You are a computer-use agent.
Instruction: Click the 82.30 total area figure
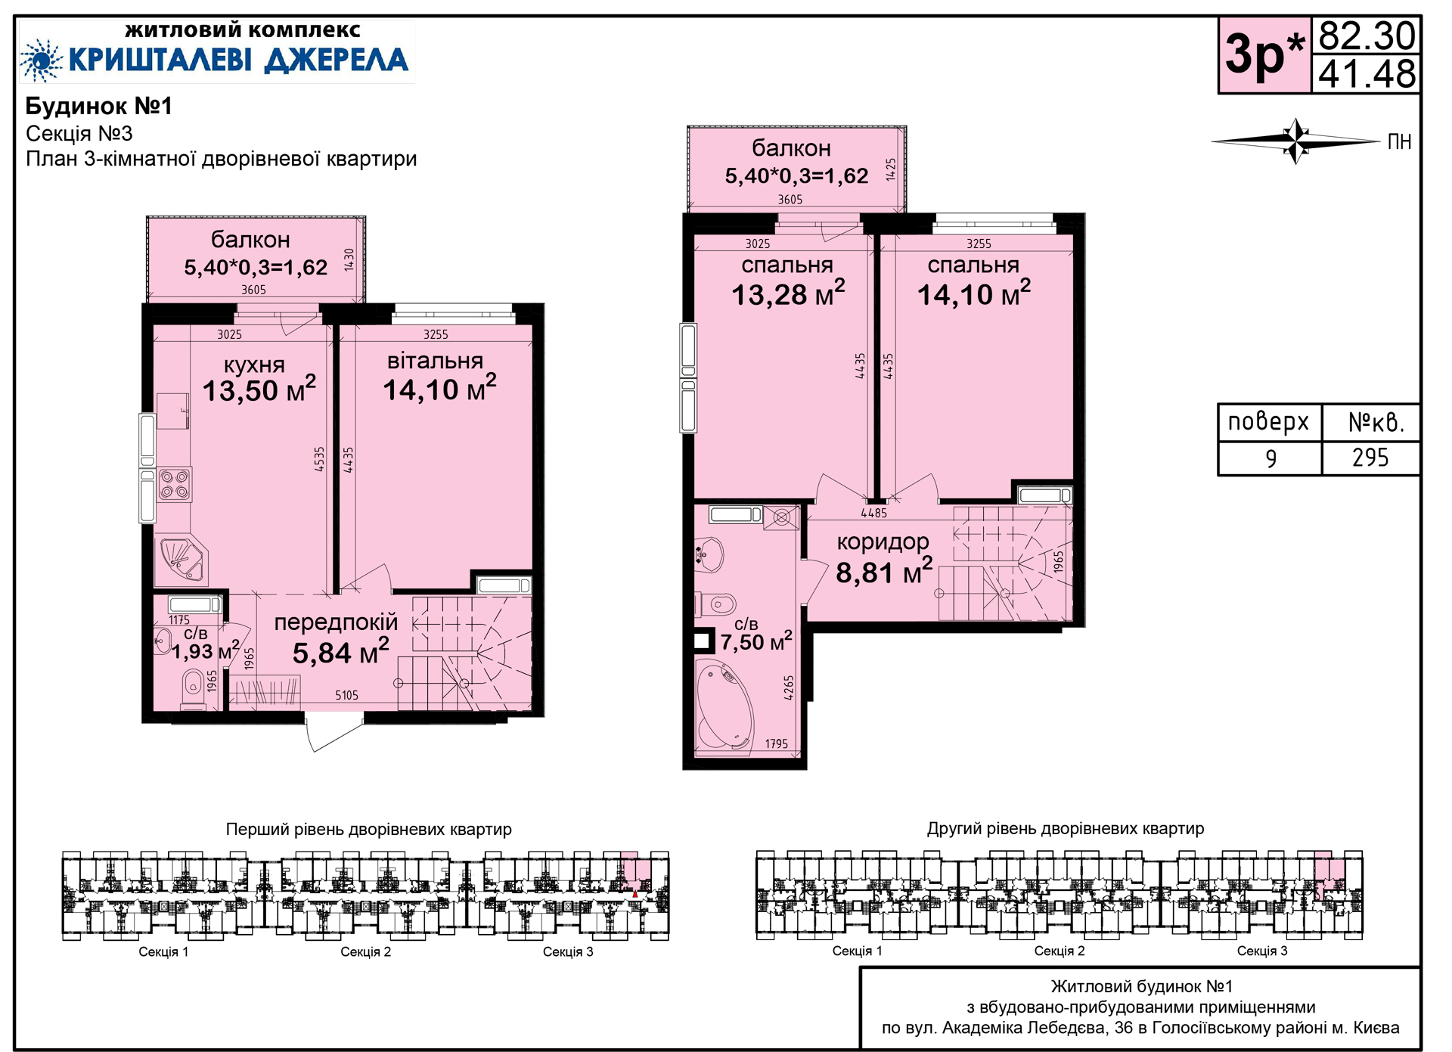tap(1367, 36)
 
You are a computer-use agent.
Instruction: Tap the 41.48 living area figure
tap(1367, 74)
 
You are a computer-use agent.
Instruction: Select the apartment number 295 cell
tap(1370, 458)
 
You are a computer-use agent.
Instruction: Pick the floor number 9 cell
tap(1270, 458)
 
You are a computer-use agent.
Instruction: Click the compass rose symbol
tap(1296, 141)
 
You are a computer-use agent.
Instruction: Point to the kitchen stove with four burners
tap(175, 484)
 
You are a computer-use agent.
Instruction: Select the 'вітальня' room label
tap(435, 361)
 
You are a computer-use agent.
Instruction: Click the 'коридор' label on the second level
tap(883, 542)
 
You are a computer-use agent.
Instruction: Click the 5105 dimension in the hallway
tap(347, 695)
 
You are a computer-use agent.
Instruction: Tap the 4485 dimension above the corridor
tap(873, 513)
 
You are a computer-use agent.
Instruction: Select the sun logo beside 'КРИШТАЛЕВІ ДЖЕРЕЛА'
tap(41, 60)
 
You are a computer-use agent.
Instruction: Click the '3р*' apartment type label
tap(1264, 54)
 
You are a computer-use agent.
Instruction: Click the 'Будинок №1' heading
tap(99, 106)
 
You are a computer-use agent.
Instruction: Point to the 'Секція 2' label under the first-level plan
tap(365, 951)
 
